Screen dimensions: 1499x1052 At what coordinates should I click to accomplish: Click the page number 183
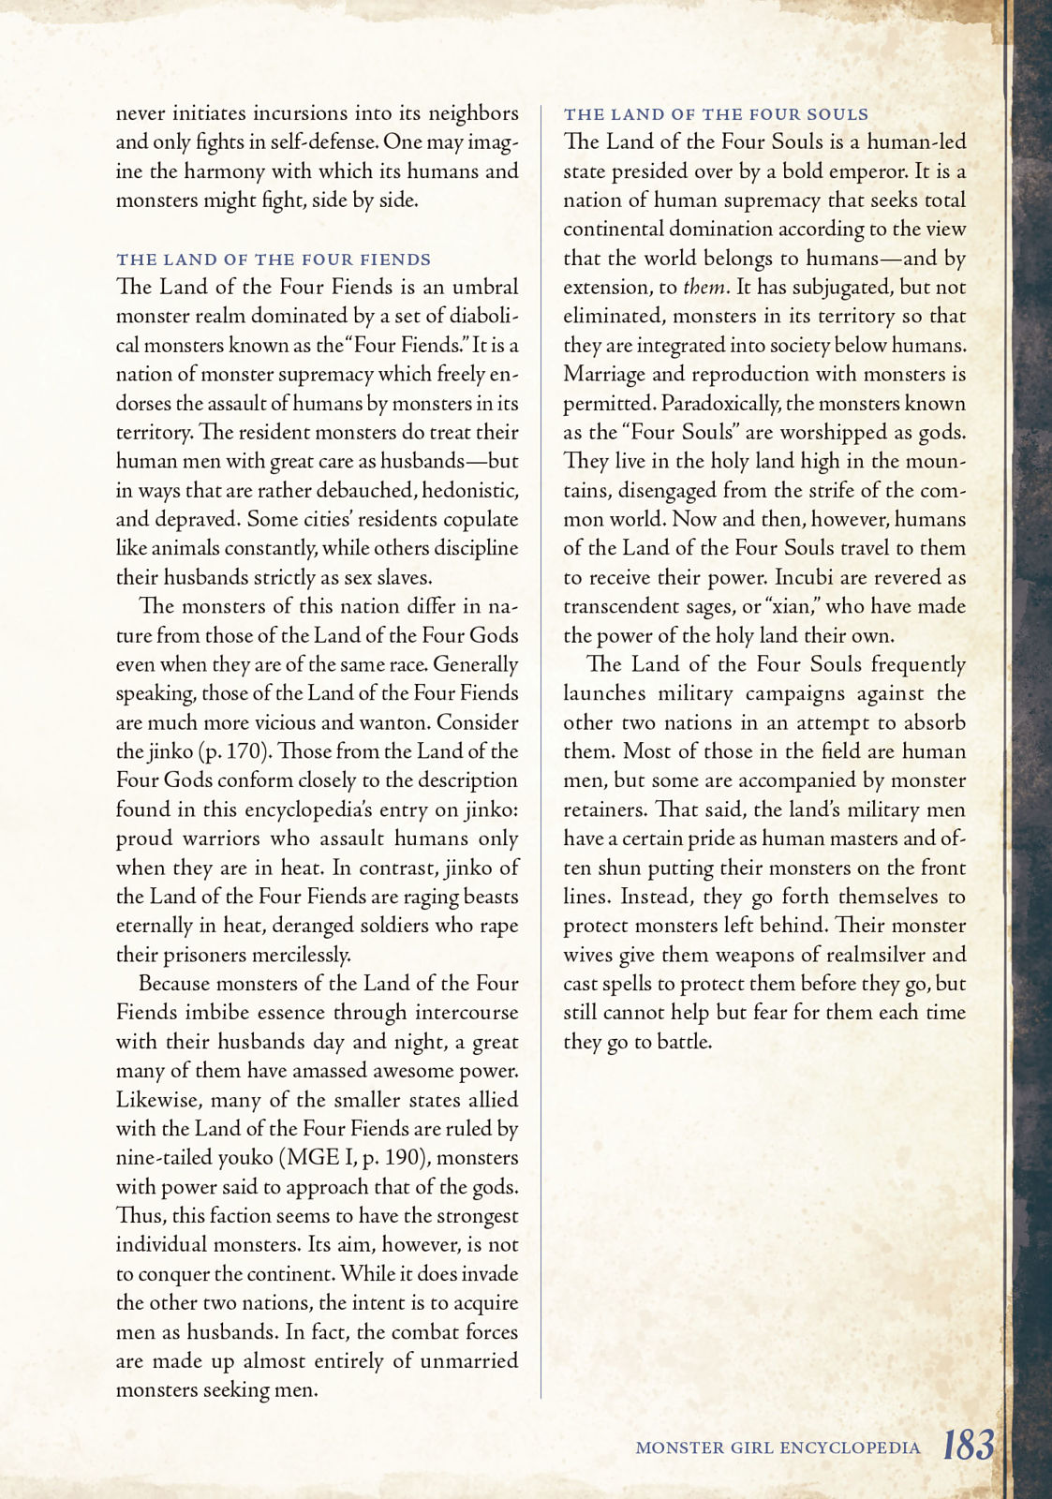(x=968, y=1446)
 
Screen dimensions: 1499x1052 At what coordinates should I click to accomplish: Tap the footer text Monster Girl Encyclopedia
(x=778, y=1448)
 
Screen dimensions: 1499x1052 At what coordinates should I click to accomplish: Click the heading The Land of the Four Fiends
(x=274, y=260)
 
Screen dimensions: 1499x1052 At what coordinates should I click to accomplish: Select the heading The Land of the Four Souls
(x=716, y=114)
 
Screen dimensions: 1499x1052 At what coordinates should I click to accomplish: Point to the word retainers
(x=602, y=809)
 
